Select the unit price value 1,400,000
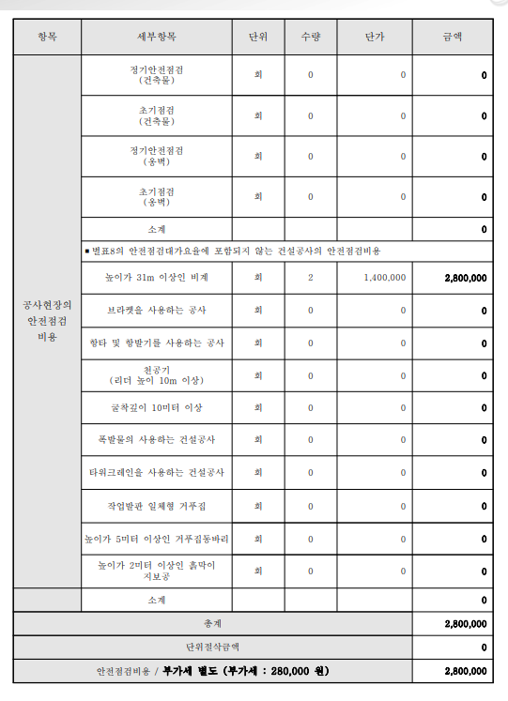[x=384, y=278]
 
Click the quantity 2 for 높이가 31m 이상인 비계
[x=310, y=278]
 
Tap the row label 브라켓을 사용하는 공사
[x=157, y=310]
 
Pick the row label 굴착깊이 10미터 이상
[x=157, y=408]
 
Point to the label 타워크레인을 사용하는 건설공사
[x=157, y=473]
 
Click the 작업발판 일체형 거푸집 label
[x=157, y=506]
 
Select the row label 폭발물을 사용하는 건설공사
[x=157, y=440]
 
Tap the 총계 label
[x=213, y=623]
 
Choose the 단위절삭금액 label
[x=213, y=647]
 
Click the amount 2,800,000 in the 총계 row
[x=465, y=623]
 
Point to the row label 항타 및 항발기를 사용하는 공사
[x=157, y=343]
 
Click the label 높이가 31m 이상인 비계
[x=157, y=278]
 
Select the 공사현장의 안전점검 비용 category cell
[x=47, y=320]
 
